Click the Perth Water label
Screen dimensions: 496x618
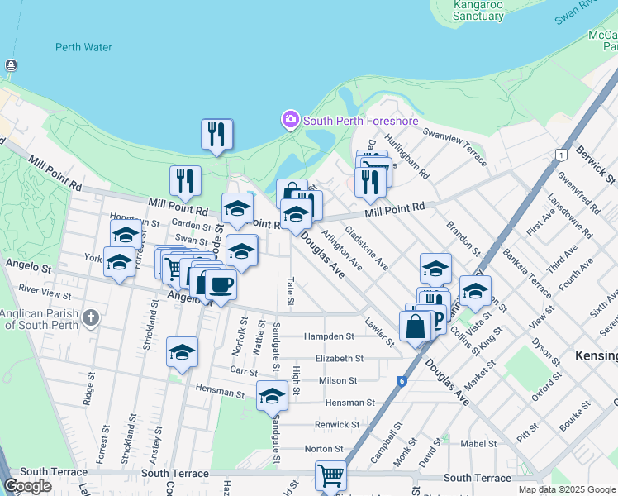coord(83,47)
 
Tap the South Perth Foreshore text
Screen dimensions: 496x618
coord(360,121)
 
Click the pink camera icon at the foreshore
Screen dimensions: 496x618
coord(290,121)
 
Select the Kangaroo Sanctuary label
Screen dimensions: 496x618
coord(478,10)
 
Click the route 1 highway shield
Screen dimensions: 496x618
coord(561,155)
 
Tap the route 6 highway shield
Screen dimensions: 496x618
coord(402,381)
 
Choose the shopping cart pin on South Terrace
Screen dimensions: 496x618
coord(330,476)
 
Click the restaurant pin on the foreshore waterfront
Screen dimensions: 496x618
coord(216,134)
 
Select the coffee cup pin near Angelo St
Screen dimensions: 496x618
coord(221,285)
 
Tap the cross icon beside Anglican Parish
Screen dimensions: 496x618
coord(91,317)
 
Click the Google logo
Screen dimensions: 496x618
coord(28,486)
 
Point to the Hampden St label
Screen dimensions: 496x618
coord(329,336)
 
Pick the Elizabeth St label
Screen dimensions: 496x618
coord(339,359)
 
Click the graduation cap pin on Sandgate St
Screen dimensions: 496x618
coord(272,397)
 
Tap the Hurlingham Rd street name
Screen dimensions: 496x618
coord(412,163)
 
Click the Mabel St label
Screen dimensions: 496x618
coord(478,443)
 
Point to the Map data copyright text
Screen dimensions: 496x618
coord(567,489)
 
